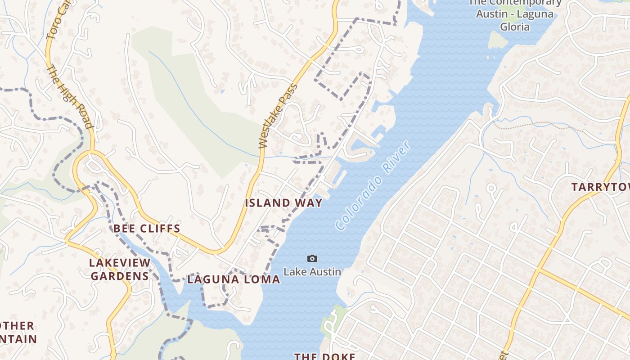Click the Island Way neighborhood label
283,203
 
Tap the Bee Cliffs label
147,229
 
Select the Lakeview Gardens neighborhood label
120,269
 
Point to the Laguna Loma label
234,279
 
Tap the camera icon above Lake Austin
312,258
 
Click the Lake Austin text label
312,272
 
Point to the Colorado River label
373,185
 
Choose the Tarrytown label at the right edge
600,187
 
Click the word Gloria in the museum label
515,27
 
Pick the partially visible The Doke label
324,356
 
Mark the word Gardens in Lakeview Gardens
120,276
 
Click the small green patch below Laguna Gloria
497,40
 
